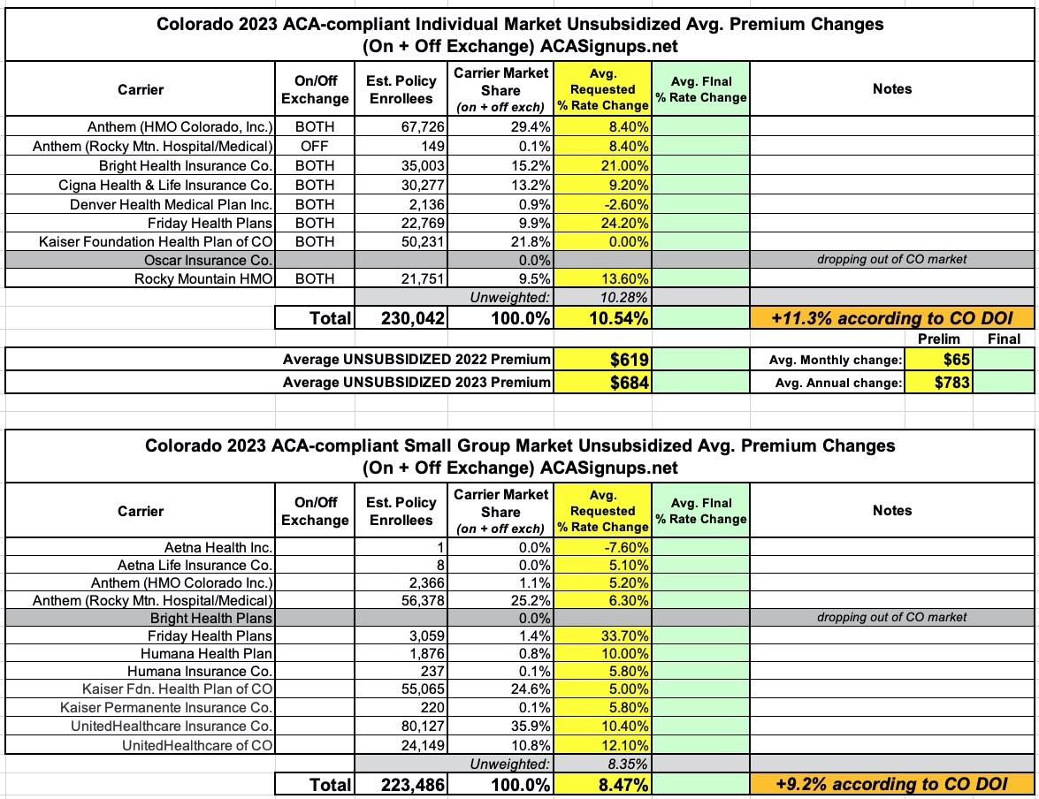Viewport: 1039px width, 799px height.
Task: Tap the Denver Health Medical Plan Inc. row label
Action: point(172,204)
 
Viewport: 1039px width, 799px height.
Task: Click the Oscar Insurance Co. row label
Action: point(208,260)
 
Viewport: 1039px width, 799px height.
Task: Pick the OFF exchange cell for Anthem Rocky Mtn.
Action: point(315,146)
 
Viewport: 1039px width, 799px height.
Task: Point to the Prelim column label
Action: point(938,339)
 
